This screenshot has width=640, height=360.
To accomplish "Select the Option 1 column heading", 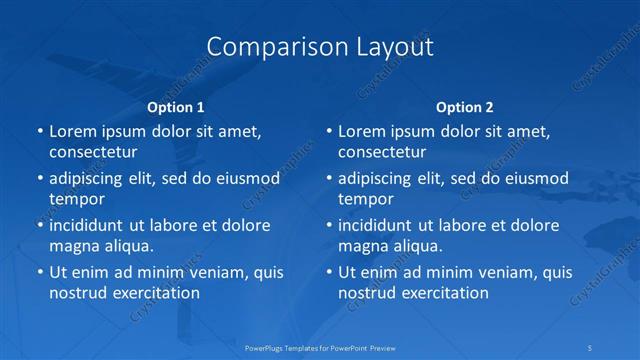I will [176, 107].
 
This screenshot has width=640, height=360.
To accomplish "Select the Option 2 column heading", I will [465, 107].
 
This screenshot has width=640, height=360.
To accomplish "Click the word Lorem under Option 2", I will [363, 131].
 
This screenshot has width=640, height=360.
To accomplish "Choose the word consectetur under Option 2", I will [382, 152].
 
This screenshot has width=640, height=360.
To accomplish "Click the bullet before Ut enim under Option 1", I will [39, 272].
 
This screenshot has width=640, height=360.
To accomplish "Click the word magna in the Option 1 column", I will [73, 246].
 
